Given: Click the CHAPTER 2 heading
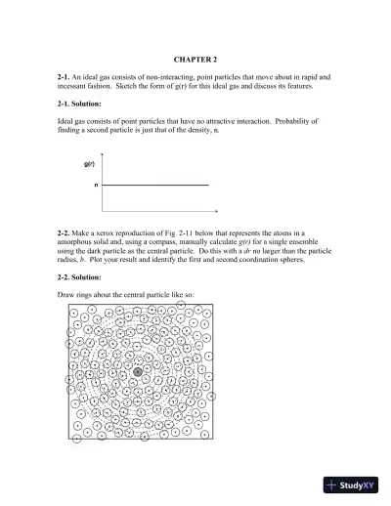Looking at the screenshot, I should click(x=195, y=60).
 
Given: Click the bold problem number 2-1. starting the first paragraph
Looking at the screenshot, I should click(x=65, y=76).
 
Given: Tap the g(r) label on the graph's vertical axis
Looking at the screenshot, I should click(x=89, y=164).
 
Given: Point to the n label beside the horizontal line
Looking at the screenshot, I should click(x=96, y=184).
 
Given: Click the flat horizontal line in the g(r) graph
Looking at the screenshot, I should click(x=156, y=184).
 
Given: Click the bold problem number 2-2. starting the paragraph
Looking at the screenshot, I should click(x=65, y=235).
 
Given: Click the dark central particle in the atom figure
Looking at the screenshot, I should click(x=138, y=372).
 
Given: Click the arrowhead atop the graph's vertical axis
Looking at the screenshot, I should click(x=103, y=153).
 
